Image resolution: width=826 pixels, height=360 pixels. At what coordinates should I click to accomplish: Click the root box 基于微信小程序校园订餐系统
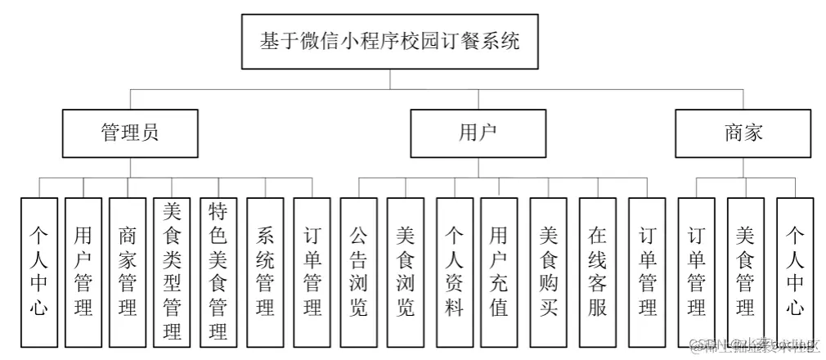[x=389, y=41]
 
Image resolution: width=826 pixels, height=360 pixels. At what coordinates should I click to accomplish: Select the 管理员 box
[x=130, y=133]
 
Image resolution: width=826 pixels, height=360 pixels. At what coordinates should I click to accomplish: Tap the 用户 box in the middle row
[x=478, y=133]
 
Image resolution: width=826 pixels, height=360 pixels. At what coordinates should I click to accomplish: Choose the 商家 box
[x=743, y=133]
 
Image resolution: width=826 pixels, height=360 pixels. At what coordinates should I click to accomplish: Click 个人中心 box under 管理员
[x=39, y=271]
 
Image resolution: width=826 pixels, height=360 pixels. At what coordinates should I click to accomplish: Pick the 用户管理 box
[x=83, y=271]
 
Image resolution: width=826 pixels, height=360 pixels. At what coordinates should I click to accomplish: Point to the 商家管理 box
[x=128, y=271]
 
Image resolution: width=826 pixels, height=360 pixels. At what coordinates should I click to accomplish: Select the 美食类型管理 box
[x=173, y=271]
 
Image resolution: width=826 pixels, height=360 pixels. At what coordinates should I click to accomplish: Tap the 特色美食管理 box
[x=218, y=271]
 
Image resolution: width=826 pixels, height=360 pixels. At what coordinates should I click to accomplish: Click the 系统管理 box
[x=265, y=271]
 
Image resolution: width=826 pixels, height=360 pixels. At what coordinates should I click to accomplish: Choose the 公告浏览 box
[x=358, y=271]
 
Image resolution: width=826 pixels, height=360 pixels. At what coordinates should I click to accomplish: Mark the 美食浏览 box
[x=406, y=271]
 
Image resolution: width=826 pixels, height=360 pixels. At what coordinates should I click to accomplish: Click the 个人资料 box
[x=455, y=271]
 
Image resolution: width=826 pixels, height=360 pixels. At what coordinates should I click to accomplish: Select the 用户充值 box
[x=499, y=271]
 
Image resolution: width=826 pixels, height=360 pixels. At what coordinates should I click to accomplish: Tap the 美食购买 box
[x=549, y=271]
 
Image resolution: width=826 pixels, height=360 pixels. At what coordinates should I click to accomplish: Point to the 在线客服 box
[x=598, y=271]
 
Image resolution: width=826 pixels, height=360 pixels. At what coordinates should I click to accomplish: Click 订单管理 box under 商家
[x=697, y=271]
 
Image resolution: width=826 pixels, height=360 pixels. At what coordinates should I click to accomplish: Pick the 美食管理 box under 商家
[x=745, y=271]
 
